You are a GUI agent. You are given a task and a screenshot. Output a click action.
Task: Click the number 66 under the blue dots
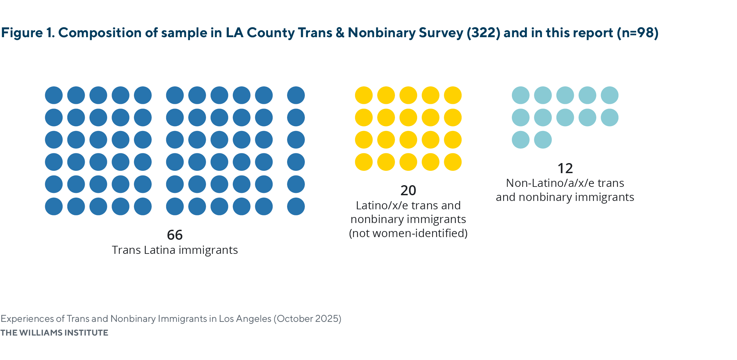[x=175, y=235]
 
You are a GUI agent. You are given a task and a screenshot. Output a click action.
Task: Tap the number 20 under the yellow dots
[x=408, y=191]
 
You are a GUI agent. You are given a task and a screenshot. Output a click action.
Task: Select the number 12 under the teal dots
[x=565, y=168]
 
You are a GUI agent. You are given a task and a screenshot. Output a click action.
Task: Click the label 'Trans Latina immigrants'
[x=175, y=250]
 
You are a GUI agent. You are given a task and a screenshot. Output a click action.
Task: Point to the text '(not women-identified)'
[x=408, y=233]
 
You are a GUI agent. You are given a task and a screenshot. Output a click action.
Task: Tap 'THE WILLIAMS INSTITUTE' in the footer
[x=54, y=333]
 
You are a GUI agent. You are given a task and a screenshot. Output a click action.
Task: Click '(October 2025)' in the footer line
[x=307, y=318]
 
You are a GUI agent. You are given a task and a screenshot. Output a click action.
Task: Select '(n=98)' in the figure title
[x=638, y=33]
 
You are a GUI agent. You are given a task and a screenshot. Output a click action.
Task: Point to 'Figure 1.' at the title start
[x=28, y=33]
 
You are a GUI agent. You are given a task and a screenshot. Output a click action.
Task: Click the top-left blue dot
[x=54, y=95]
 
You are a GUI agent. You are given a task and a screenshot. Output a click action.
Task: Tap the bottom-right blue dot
[x=296, y=206]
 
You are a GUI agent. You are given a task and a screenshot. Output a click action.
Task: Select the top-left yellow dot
[x=363, y=95]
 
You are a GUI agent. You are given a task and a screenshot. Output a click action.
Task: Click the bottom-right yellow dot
[x=453, y=162]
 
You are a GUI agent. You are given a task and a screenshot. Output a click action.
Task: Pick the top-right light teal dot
[x=609, y=95]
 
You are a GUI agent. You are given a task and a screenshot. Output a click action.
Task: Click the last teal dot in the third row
[x=543, y=140]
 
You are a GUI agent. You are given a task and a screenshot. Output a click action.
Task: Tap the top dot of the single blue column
[x=296, y=95]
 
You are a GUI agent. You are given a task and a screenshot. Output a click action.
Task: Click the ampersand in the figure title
[x=340, y=33]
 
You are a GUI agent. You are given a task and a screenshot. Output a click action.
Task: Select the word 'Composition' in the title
[x=99, y=33]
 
